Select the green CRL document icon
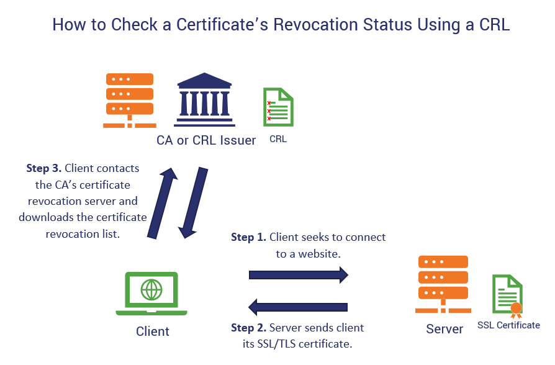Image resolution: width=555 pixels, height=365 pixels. click(278, 107)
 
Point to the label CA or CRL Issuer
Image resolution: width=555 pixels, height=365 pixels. click(206, 140)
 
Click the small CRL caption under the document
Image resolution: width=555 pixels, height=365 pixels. click(278, 140)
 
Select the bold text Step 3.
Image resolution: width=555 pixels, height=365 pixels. click(43, 168)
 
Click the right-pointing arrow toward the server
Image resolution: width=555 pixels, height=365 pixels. click(299, 274)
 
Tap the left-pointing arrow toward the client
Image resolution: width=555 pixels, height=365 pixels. click(298, 307)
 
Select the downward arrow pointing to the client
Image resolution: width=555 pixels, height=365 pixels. click(192, 202)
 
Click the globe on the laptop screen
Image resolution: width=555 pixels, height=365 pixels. click(151, 289)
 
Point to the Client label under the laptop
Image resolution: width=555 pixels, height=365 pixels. click(153, 331)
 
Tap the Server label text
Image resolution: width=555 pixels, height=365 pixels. click(444, 329)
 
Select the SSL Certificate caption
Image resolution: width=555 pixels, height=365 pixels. click(508, 325)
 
